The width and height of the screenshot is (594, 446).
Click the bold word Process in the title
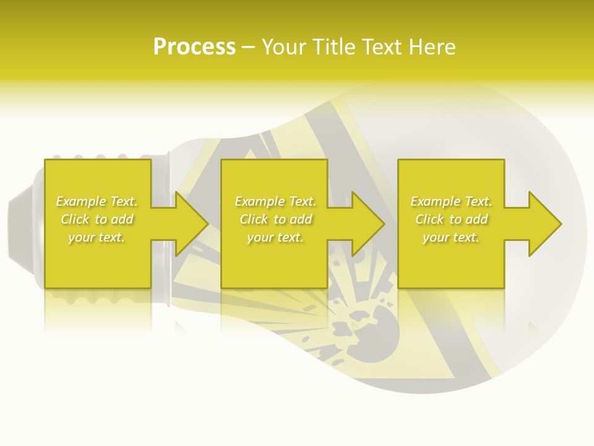pyautogui.click(x=194, y=46)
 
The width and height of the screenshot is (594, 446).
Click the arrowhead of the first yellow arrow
pyautogui.click(x=191, y=224)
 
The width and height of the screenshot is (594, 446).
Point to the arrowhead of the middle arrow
pyautogui.click(x=368, y=224)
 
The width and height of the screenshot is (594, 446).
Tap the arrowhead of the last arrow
pyautogui.click(x=544, y=224)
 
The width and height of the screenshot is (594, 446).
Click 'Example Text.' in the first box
pyautogui.click(x=97, y=201)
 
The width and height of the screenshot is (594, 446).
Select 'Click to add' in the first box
pyautogui.click(x=97, y=219)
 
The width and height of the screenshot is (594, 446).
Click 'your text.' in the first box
pyautogui.click(x=97, y=237)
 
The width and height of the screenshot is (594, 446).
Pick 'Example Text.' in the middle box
pyautogui.click(x=275, y=201)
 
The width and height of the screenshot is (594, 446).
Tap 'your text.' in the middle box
pyautogui.click(x=275, y=237)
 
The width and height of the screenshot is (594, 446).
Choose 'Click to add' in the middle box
pyautogui.click(x=275, y=219)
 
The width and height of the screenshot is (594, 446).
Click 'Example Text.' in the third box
pyautogui.click(x=451, y=201)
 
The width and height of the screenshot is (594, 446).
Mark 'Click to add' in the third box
pyautogui.click(x=451, y=219)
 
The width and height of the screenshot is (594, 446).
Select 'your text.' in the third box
pyautogui.click(x=451, y=237)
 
